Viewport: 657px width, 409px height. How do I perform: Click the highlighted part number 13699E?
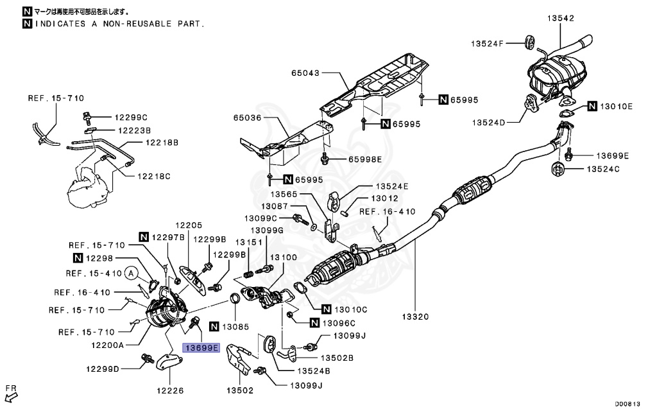(x=201, y=348)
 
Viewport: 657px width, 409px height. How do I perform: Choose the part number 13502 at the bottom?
(x=240, y=390)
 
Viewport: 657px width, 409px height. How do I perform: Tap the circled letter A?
(x=132, y=274)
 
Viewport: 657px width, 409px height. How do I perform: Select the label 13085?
(x=237, y=326)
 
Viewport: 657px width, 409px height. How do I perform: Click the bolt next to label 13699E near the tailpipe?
(x=568, y=156)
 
